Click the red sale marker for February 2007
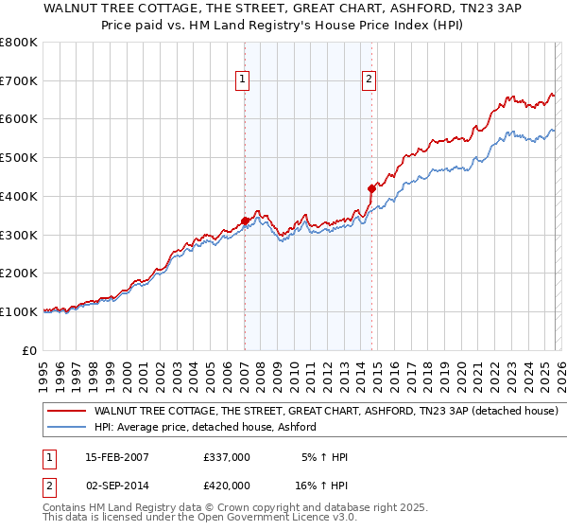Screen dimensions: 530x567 coord(245,221)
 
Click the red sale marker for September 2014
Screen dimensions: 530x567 coord(371,188)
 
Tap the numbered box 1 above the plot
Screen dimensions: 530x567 coord(244,80)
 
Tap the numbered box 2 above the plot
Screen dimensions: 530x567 coord(369,80)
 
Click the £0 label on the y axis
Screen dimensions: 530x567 coord(29,350)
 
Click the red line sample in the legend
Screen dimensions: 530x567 coord(67,412)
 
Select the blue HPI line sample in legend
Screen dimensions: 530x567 coord(67,428)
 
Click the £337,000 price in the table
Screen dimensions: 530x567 coord(227,457)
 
